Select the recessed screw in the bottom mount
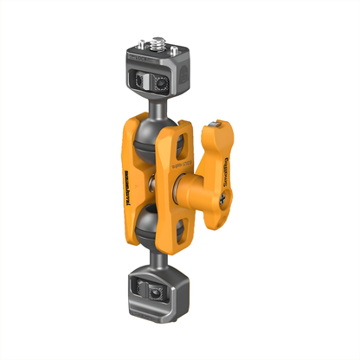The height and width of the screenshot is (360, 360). click(x=153, y=296)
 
